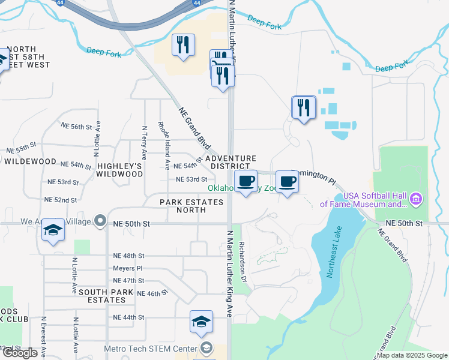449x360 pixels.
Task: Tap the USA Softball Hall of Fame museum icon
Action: coord(417,199)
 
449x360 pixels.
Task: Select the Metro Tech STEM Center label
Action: coord(150,349)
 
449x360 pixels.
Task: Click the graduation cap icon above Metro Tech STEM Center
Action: coord(201,322)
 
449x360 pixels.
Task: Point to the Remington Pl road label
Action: coord(313,175)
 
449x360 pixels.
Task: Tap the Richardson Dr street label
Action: coord(243,263)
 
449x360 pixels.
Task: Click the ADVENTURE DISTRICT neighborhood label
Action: coord(231,162)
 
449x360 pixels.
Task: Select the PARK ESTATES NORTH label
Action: coord(191,206)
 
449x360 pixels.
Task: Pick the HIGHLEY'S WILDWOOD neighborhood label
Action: coord(120,170)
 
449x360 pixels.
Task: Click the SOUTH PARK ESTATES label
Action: coord(103,296)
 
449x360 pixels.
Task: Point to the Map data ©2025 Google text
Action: coord(411,355)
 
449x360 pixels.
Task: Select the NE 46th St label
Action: coord(152,293)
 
